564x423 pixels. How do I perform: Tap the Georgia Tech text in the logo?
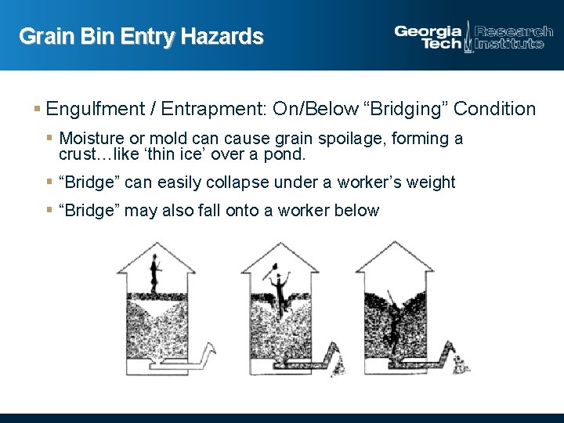428,38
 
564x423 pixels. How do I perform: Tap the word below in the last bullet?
356,211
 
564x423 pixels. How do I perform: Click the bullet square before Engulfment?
38,109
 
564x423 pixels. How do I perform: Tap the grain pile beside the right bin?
462,365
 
